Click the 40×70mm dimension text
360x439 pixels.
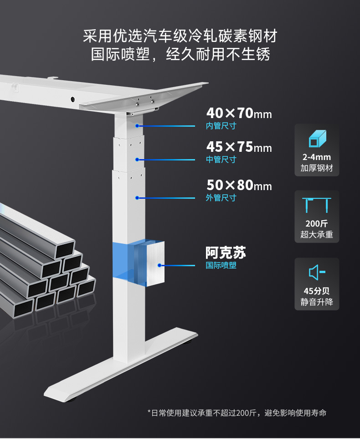coord(239,113)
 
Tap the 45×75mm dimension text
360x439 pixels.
coord(239,147)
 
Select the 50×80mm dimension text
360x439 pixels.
coord(239,186)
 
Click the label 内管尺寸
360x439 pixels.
coord(221,126)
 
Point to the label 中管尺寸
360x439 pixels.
coord(221,160)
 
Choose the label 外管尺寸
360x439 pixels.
coord(221,198)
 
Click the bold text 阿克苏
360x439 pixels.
coord(226,253)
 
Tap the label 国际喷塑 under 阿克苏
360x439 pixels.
coord(221,265)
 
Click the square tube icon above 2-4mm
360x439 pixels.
coord(317,139)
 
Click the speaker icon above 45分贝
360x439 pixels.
coord(317,273)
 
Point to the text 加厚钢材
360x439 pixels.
coord(317,168)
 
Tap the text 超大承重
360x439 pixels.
coord(317,235)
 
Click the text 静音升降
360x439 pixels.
coord(317,302)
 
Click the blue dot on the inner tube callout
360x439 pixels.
coord(136,125)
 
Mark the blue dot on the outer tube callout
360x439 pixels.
coord(136,198)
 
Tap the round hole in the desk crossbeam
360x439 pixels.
coord(72,99)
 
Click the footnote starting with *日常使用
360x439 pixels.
coord(237,413)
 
